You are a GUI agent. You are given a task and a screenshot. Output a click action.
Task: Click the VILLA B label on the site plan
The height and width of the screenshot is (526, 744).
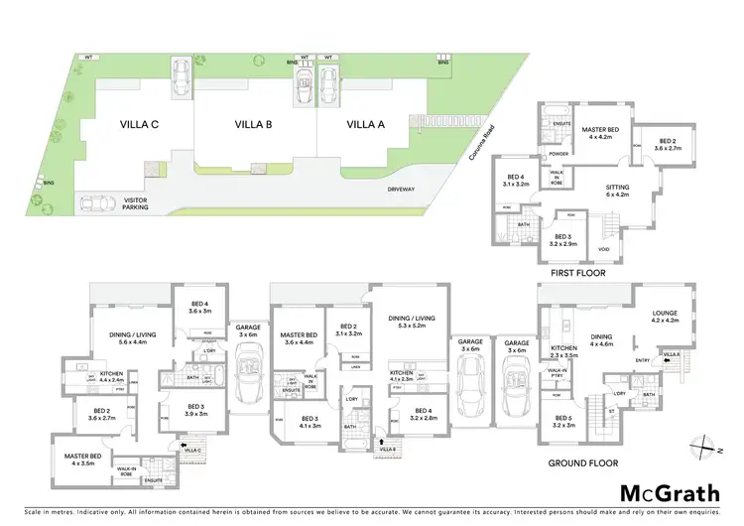pyautogui.click(x=254, y=124)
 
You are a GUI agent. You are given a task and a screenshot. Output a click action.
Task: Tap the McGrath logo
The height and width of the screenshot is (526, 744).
pyautogui.click(x=666, y=491)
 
